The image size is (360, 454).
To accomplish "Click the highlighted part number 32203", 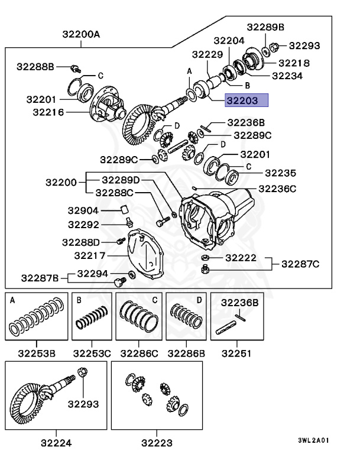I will (241, 100).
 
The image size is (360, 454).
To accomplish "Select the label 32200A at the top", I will (81, 34).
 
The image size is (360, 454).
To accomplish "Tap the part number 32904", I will (83, 210).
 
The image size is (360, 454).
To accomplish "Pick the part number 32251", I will (236, 354).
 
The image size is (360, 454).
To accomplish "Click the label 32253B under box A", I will (36, 354).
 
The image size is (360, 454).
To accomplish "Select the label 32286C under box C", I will (139, 354).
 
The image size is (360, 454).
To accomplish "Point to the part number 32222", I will (241, 258).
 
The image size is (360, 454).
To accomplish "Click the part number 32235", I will (280, 173).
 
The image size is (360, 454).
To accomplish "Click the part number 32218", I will (294, 62).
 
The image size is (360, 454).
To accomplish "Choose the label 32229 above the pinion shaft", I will (207, 54).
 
